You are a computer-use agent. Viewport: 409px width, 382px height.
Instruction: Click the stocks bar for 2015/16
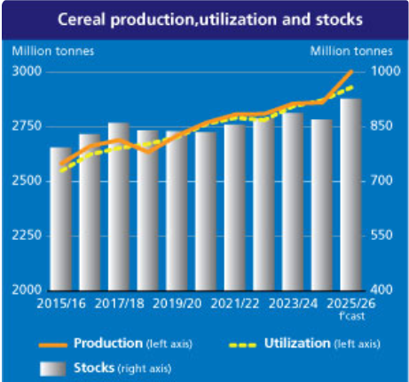[61, 219]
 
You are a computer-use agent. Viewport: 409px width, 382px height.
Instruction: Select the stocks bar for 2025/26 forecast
[351, 195]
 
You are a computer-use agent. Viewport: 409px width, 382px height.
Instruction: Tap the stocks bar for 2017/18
[119, 206]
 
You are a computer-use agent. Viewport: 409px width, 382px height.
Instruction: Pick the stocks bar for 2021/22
[235, 207]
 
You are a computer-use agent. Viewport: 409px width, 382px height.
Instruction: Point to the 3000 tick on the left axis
[27, 71]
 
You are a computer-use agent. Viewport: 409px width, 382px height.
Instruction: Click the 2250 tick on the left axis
[27, 235]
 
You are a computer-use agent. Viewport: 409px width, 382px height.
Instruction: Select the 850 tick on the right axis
[381, 126]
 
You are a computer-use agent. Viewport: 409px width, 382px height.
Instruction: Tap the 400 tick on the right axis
[381, 290]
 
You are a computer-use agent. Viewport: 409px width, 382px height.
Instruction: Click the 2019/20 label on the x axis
[177, 304]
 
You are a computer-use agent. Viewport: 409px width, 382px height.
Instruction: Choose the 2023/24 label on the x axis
[293, 304]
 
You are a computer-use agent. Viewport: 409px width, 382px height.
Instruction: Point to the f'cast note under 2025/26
[352, 316]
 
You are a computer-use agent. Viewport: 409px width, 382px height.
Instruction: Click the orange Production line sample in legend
[53, 345]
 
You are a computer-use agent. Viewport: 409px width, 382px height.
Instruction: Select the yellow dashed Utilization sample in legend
[243, 345]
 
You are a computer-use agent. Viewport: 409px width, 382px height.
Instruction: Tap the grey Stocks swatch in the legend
[53, 369]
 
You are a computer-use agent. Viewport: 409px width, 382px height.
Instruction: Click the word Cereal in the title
[82, 20]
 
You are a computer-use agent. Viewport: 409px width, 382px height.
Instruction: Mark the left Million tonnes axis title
[53, 52]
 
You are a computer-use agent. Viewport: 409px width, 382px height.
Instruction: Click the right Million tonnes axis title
[351, 52]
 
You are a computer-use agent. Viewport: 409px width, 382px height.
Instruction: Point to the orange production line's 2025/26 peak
[351, 71]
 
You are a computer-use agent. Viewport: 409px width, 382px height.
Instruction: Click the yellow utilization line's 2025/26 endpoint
[352, 87]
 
